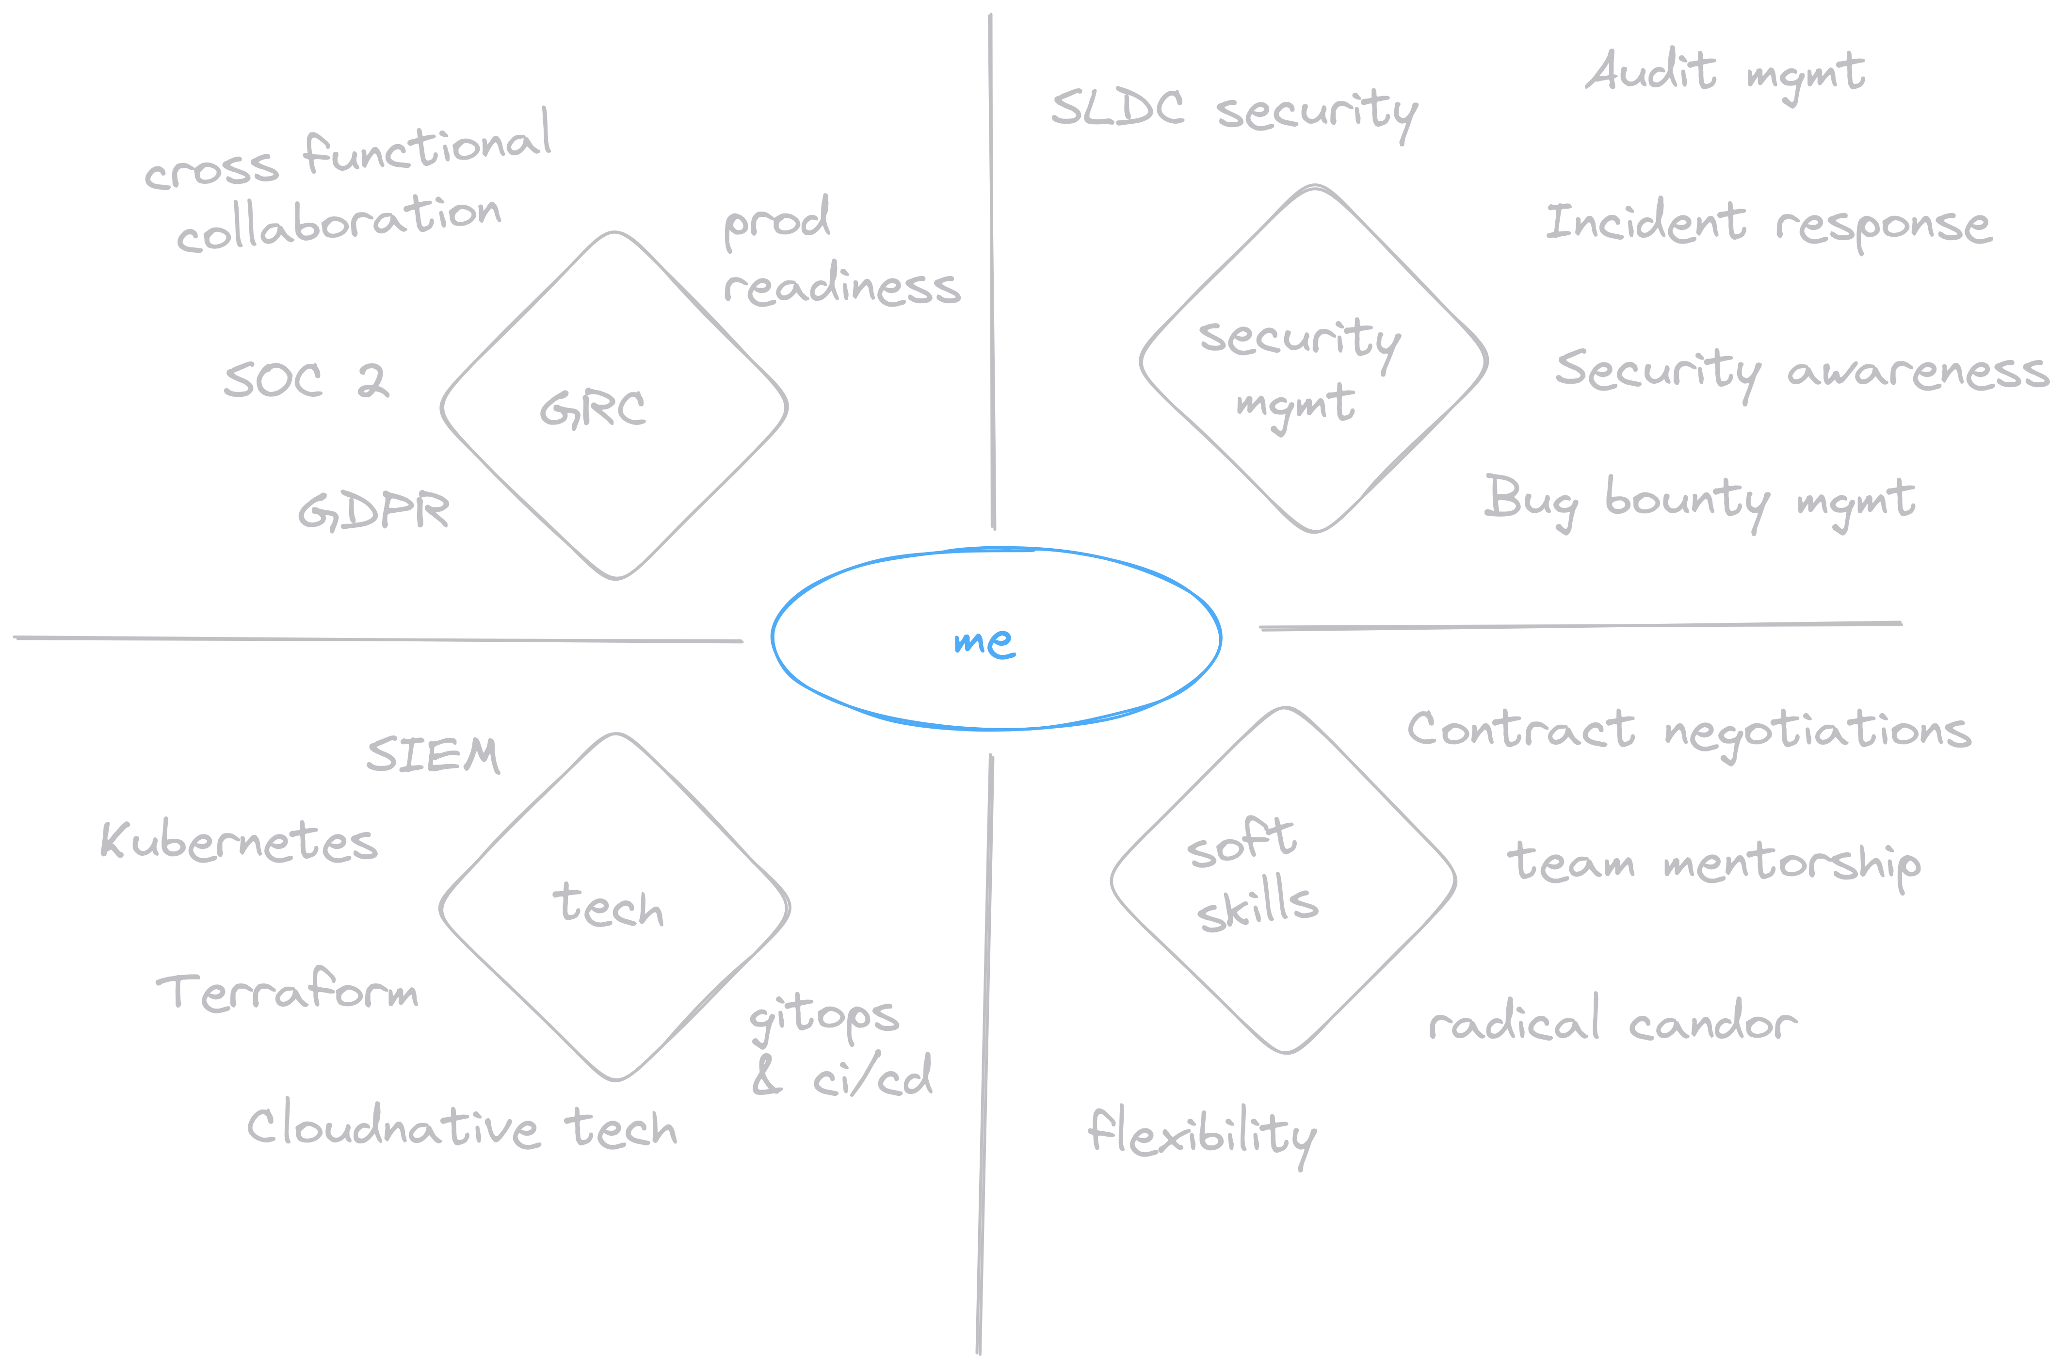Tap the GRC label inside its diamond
click(593, 408)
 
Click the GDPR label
click(373, 511)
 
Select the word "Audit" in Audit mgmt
click(1649, 72)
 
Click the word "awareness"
click(1918, 373)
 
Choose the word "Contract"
click(1520, 729)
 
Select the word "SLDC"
click(1117, 108)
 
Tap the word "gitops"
click(824, 1017)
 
